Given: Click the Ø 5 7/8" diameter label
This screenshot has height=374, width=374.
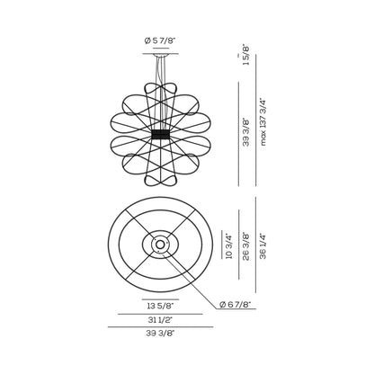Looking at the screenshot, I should pos(160,40).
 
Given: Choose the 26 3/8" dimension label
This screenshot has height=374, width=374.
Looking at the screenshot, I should pos(245,244).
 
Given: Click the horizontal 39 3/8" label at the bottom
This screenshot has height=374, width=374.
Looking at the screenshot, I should pos(160,334).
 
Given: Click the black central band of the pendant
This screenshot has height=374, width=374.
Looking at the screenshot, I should pos(161,132).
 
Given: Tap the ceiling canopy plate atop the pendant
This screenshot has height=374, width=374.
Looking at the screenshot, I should pos(161,52).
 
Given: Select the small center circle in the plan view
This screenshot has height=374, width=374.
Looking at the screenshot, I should pos(160,244).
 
